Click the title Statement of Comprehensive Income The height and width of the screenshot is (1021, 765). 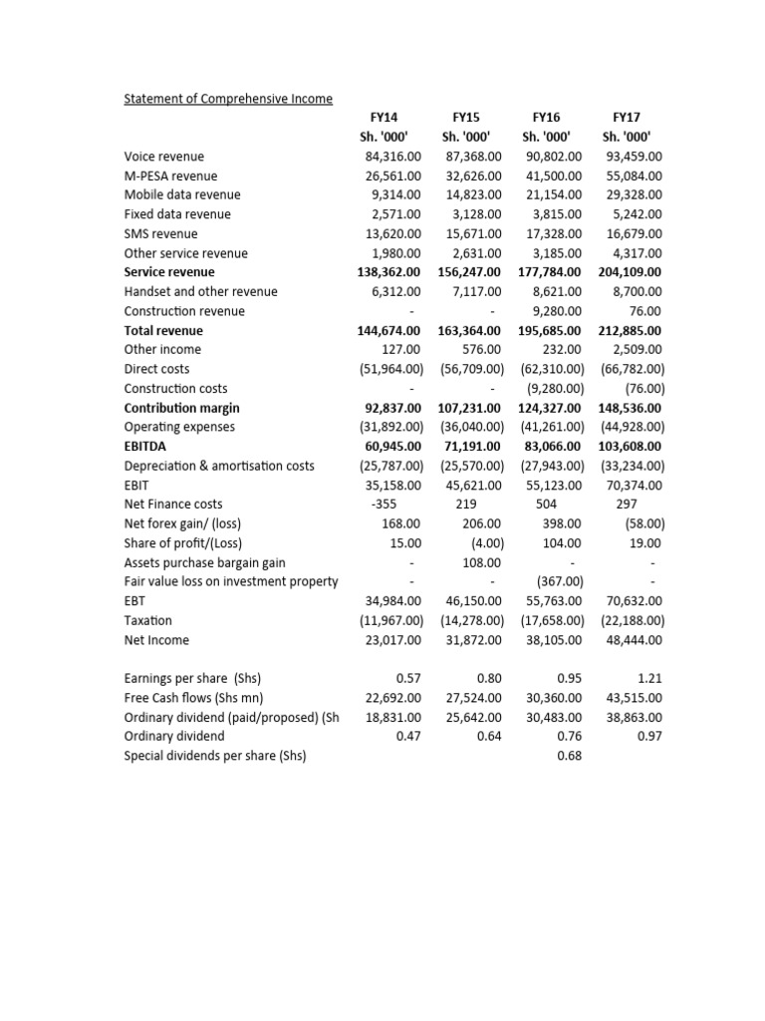coord(228,99)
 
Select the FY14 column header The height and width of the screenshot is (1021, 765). coord(383,118)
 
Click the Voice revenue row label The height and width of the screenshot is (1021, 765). coord(163,157)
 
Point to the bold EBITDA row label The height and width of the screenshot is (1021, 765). coord(148,447)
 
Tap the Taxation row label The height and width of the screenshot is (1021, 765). coord(149,621)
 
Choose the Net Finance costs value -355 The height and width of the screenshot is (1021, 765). coord(384,505)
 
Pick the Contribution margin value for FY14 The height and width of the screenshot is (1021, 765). coord(390,408)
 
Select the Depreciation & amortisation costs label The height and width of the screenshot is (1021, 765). coord(219,466)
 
